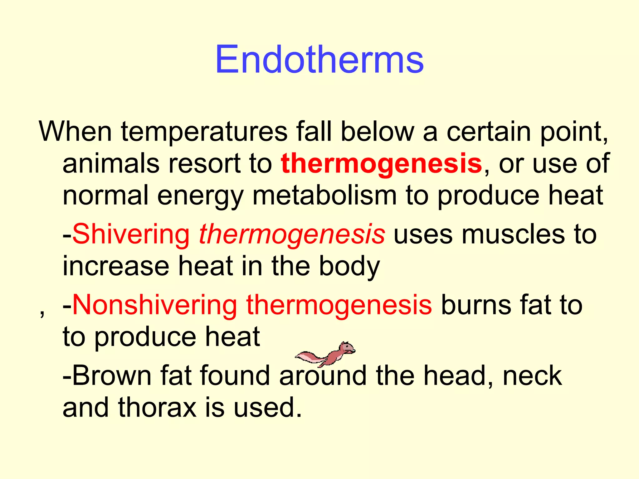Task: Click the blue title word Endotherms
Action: (x=319, y=59)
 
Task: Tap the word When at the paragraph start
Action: (x=75, y=132)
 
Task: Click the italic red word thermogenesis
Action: (x=292, y=235)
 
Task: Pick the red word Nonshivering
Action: (x=155, y=305)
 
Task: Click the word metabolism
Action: (x=324, y=196)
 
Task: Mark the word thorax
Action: (x=157, y=408)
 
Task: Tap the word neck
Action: (x=532, y=376)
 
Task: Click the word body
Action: (x=349, y=267)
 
